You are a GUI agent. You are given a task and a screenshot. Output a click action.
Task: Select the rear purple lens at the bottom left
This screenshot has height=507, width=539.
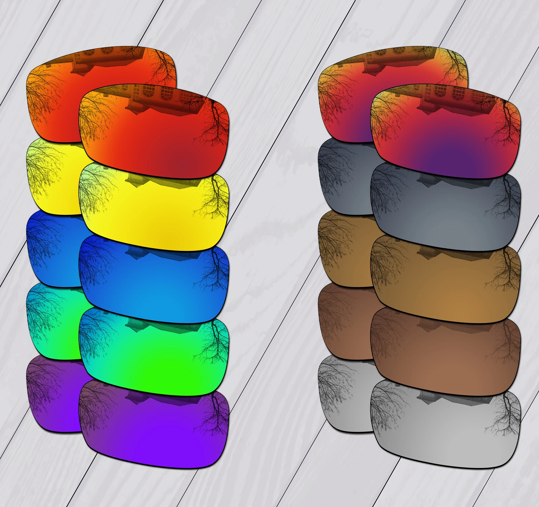[51, 396]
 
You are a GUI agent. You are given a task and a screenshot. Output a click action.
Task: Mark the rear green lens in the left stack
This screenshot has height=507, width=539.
[51, 323]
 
